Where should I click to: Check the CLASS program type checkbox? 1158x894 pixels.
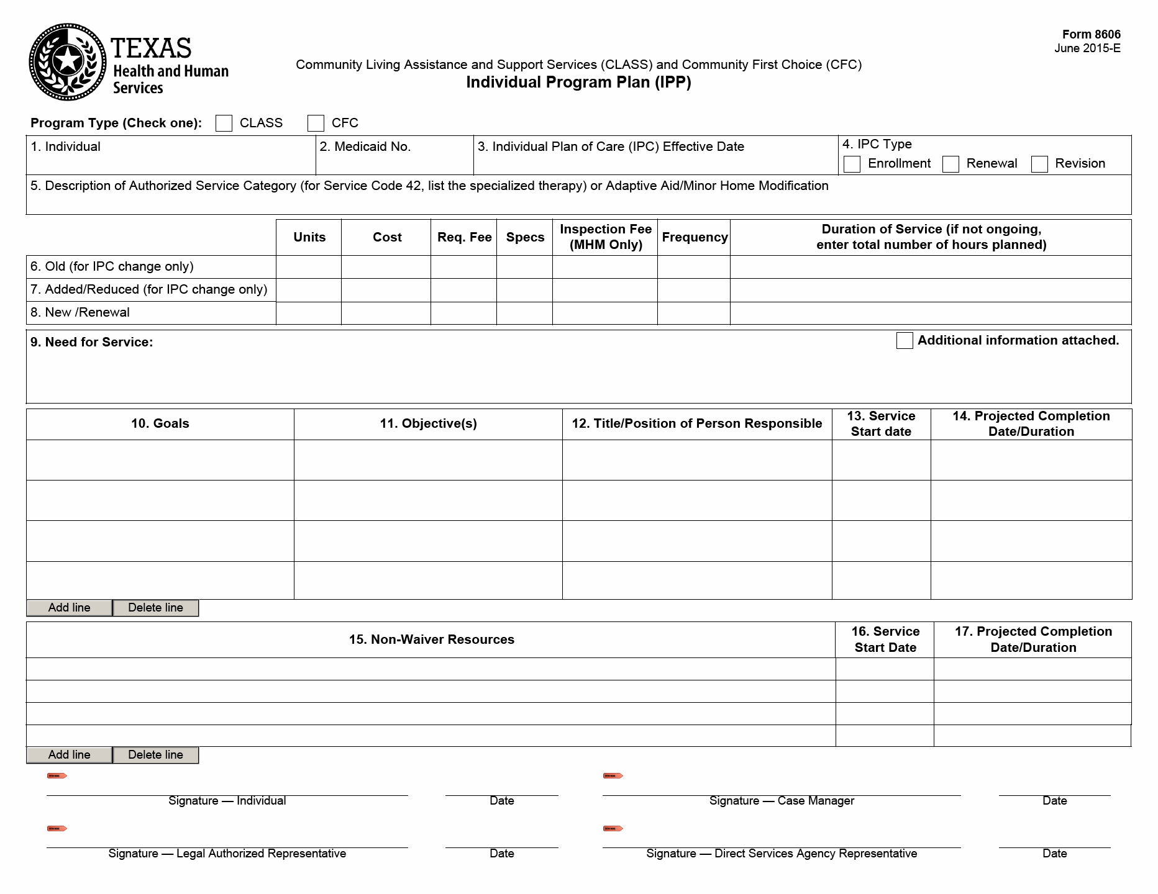pos(224,123)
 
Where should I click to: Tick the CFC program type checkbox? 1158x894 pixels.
pos(316,123)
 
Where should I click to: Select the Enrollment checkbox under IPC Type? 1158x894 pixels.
pos(852,164)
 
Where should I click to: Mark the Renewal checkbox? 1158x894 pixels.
pos(951,164)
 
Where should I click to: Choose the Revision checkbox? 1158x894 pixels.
pos(1039,164)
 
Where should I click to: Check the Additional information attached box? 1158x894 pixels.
pos(905,340)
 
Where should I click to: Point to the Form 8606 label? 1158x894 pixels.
pos(1091,35)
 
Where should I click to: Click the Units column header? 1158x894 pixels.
pos(309,237)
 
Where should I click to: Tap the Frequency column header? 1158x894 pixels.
pos(695,237)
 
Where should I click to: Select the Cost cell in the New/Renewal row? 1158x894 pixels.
pos(386,313)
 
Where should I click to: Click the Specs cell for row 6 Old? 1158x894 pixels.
pos(524,267)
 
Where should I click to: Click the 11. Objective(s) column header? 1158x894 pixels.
pos(428,424)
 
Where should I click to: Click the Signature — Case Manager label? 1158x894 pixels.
pos(782,801)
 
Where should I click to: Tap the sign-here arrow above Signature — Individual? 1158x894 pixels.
pos(57,775)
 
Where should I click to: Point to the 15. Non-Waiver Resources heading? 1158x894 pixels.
pos(431,639)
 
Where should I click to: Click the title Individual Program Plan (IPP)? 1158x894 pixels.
pos(578,83)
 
